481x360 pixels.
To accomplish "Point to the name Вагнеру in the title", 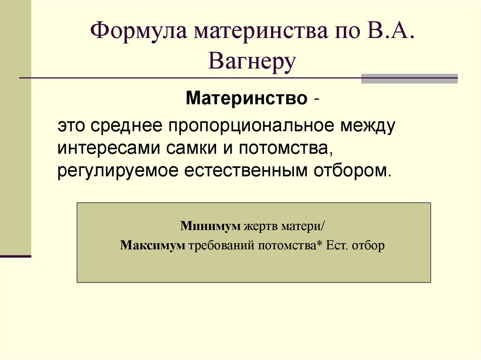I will (252, 61).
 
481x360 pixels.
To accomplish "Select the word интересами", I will (110, 148).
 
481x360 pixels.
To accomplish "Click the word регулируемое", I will (118, 170).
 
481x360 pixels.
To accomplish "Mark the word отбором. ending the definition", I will (351, 170).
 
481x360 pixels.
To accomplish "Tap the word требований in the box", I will (221, 245).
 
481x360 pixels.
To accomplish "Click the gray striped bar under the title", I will (409, 78).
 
